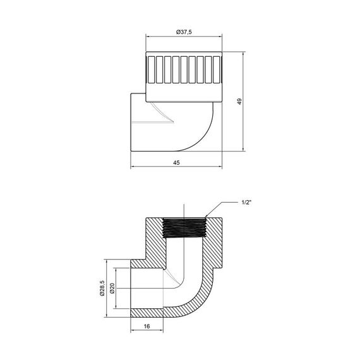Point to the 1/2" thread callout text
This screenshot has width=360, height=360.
coord(248,203)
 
